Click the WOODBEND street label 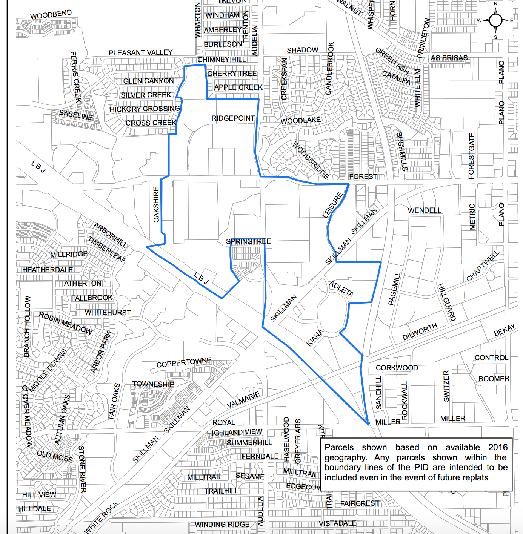point(51,15)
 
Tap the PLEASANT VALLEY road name point(141,52)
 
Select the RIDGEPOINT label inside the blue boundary point(233,118)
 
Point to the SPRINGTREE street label point(248,241)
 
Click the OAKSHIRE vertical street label point(156,205)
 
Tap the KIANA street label point(315,338)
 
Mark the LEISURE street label point(332,205)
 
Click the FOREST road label point(363,176)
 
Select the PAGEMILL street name point(394,288)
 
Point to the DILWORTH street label point(420,331)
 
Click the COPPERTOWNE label point(184,363)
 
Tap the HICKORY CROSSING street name point(145,109)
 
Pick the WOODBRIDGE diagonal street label point(311,160)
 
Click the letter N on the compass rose point(496,4)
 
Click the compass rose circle point(495,20)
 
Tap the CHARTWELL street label point(483,266)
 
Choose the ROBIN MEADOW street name point(66,323)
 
